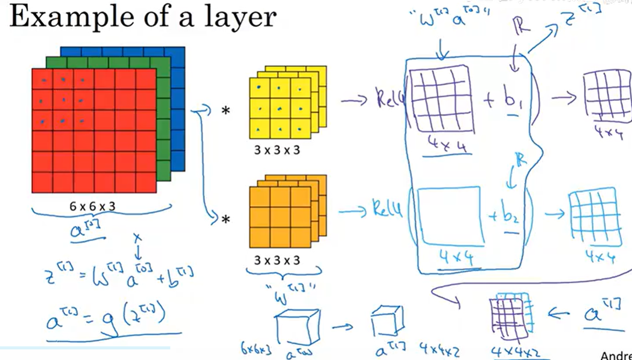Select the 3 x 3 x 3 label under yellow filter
click(277, 150)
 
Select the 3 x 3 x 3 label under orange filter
click(277, 260)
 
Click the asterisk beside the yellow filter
click(226, 111)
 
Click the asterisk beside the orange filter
click(226, 219)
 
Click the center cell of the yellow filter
click(280, 108)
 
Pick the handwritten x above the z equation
click(137, 238)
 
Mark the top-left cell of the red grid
click(42, 79)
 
